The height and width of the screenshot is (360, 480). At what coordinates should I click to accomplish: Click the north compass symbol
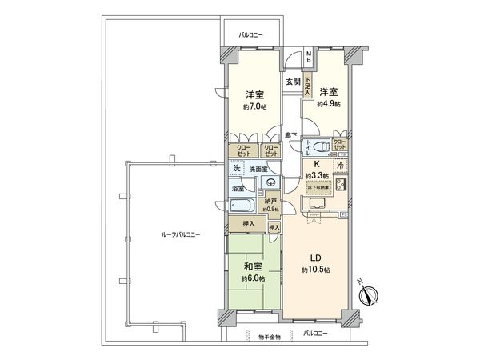tap(369, 297)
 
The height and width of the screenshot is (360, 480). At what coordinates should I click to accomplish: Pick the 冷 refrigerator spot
tap(339, 166)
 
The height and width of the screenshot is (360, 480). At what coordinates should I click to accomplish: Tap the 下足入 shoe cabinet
tap(306, 85)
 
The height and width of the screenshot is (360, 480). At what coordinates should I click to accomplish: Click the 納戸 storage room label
tap(271, 201)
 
